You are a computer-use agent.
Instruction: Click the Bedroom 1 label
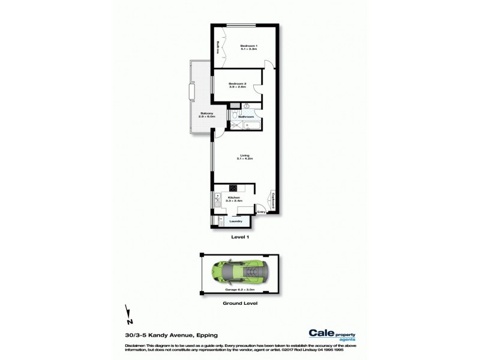[248, 47]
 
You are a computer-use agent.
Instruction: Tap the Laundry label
[236, 222]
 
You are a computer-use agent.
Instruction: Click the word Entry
[262, 212]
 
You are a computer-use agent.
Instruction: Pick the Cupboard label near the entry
[272, 200]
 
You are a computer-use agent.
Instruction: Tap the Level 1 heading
[239, 237]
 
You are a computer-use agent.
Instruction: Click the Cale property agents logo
[332, 335]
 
